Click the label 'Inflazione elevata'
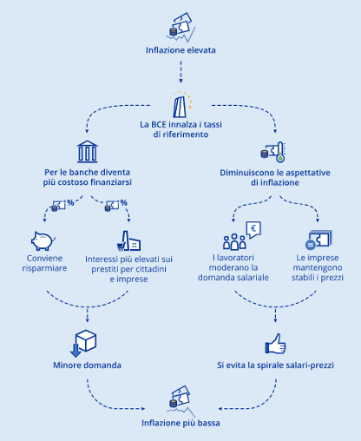pos(180,49)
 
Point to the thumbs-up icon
pos(275,344)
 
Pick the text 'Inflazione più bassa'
pos(180,423)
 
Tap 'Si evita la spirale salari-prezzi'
pos(275,366)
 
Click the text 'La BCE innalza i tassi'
pos(180,124)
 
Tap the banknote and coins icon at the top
pos(180,25)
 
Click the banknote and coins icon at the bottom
pos(180,400)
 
